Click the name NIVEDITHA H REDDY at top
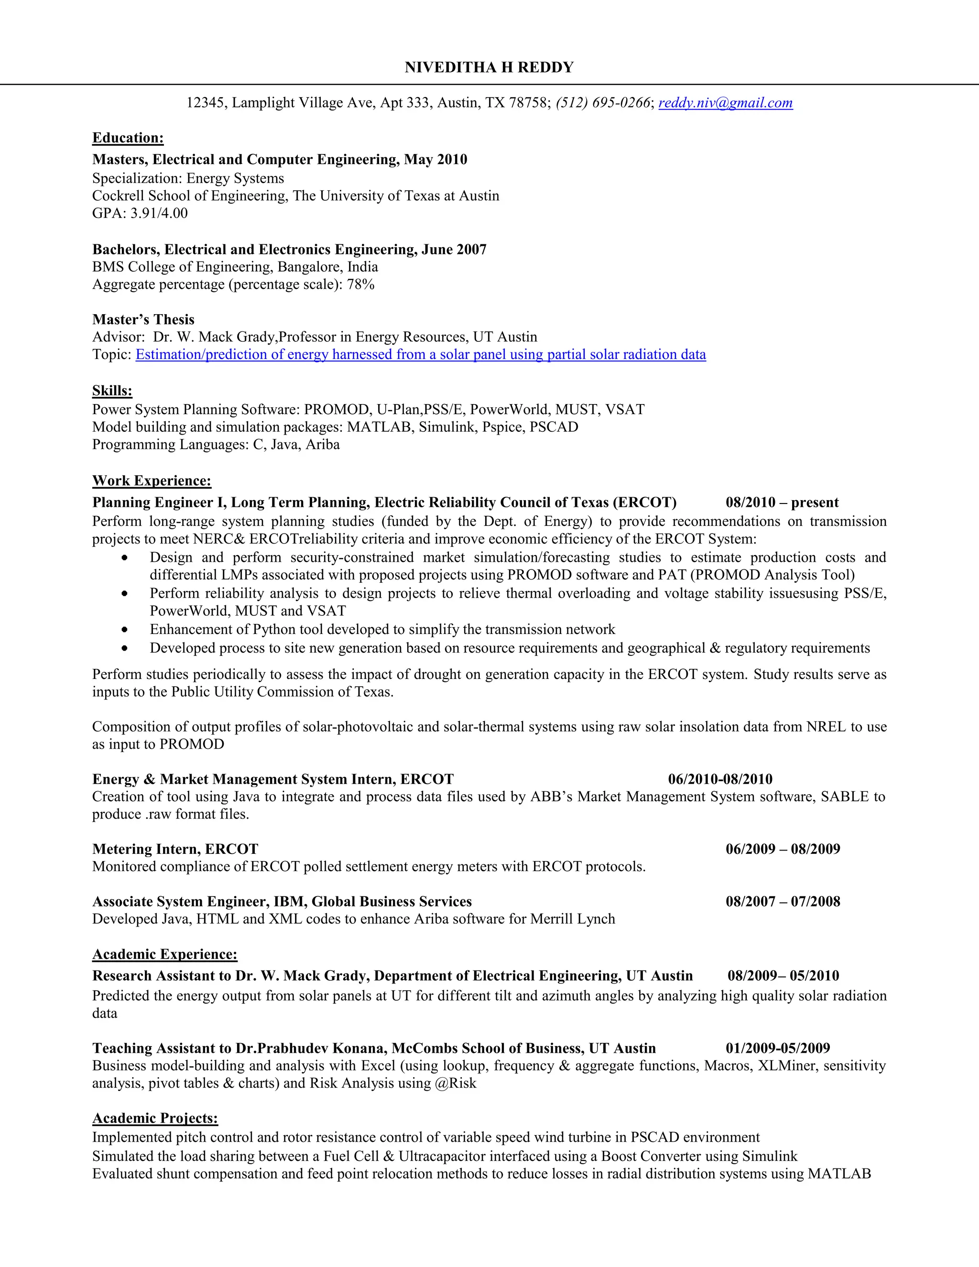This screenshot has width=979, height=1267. click(x=489, y=68)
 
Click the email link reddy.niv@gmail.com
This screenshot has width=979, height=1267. click(x=725, y=103)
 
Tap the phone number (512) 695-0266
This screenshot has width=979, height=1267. click(x=603, y=103)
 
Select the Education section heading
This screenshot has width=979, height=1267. click(x=128, y=138)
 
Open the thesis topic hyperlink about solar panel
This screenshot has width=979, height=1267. click(x=421, y=354)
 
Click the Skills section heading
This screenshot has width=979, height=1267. click(x=112, y=391)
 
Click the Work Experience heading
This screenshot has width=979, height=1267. click(x=152, y=481)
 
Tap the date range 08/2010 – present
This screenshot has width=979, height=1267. click(x=782, y=502)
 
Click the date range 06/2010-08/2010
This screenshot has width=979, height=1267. click(x=720, y=779)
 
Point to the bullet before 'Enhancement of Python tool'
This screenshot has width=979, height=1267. click(x=125, y=630)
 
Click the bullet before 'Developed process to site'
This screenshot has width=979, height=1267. click(x=125, y=648)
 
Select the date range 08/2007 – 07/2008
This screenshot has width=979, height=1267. click(x=783, y=902)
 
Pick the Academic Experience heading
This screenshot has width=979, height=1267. click(x=165, y=955)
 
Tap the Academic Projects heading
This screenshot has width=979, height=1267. click(x=155, y=1118)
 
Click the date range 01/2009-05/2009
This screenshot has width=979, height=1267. click(x=777, y=1049)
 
